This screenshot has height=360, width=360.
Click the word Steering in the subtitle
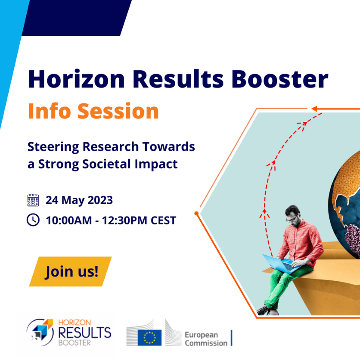pyautogui.click(x=52, y=147)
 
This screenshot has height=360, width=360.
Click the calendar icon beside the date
pyautogui.click(x=33, y=200)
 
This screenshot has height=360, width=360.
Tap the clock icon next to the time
pyautogui.click(x=33, y=220)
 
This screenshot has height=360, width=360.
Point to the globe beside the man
pyautogui.click(x=344, y=202)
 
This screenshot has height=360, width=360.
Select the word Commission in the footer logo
pyautogui.click(x=206, y=343)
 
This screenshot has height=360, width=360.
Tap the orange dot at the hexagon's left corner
pyautogui.click(x=196, y=213)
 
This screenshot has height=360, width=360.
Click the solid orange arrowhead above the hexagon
pyautogui.click(x=315, y=109)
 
